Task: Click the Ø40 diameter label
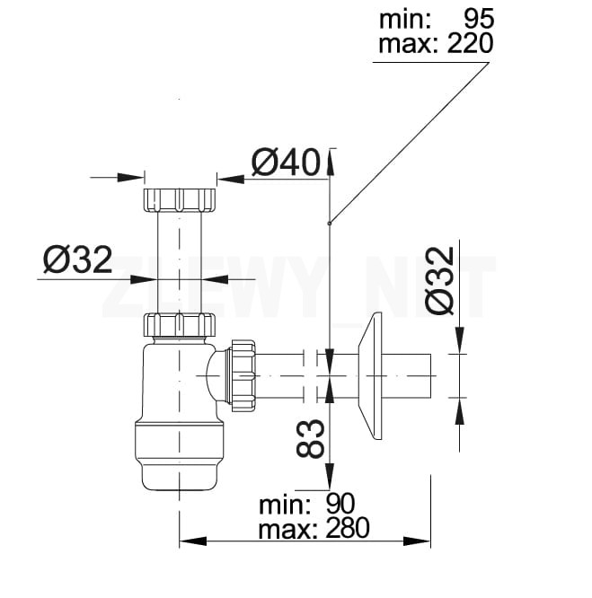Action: (286, 163)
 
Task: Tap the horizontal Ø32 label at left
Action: (77, 259)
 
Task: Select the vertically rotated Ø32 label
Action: (440, 281)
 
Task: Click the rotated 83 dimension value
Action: (310, 438)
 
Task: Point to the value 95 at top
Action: (479, 18)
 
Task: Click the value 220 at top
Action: (470, 43)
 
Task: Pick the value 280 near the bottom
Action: (348, 528)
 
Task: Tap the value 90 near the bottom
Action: (340, 504)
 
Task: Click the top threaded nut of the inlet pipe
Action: (180, 199)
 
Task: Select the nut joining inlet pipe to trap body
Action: (180, 324)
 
